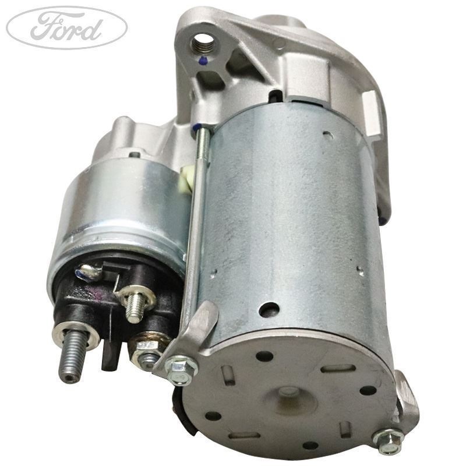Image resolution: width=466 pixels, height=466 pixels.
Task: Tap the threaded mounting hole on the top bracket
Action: point(203,40)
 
